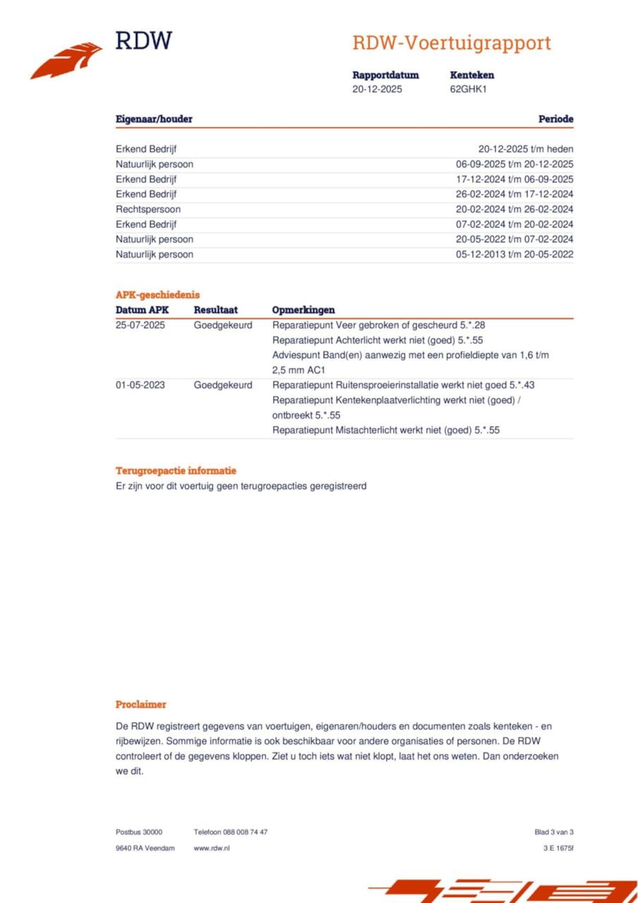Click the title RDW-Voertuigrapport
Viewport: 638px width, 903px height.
tap(452, 43)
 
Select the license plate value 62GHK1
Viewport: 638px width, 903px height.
tap(468, 89)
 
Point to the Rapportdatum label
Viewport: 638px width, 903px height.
tap(385, 75)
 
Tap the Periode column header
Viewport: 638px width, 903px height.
tap(555, 119)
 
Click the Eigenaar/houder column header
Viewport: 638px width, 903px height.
tap(154, 119)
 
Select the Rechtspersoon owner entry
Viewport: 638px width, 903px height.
tap(148, 209)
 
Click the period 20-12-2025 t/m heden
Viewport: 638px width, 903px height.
tap(525, 149)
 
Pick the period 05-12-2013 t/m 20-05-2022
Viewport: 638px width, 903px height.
tap(514, 254)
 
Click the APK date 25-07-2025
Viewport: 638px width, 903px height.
tap(140, 325)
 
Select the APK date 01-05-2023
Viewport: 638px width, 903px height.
tap(140, 385)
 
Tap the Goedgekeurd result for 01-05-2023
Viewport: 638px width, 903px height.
tap(223, 385)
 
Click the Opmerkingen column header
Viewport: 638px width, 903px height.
tap(303, 310)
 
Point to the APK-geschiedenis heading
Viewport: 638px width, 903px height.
tap(158, 295)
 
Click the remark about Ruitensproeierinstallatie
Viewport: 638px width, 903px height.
tap(403, 385)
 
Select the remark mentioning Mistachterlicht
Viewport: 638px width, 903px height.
tap(385, 430)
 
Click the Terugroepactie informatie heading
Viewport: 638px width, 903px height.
tap(175, 470)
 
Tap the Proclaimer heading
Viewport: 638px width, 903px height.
tap(141, 704)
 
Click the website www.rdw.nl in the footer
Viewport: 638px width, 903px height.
tap(211, 848)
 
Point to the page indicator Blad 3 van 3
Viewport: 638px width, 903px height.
tap(553, 832)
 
